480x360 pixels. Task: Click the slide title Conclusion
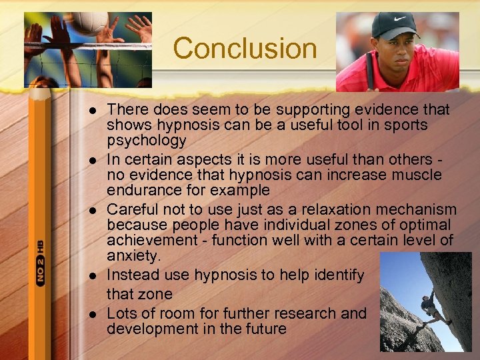(x=245, y=49)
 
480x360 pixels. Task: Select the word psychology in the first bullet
(x=146, y=141)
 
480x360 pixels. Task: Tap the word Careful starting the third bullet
(x=131, y=209)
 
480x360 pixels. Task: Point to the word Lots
(x=121, y=313)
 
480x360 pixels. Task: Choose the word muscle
(x=417, y=175)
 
